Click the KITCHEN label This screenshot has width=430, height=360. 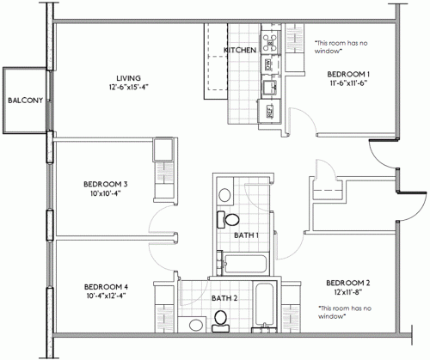[240, 51]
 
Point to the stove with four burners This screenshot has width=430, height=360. [270, 40]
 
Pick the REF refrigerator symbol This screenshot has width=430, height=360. [269, 110]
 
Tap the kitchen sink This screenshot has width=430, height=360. [270, 86]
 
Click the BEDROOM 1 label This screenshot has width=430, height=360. [348, 74]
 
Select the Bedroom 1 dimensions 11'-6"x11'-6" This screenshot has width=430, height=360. [348, 84]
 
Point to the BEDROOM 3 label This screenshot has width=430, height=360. [106, 183]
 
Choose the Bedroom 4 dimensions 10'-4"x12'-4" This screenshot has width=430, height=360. [107, 296]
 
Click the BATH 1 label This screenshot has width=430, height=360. [247, 234]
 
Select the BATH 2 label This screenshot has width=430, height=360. [224, 298]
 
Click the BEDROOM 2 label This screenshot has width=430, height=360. [348, 283]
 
